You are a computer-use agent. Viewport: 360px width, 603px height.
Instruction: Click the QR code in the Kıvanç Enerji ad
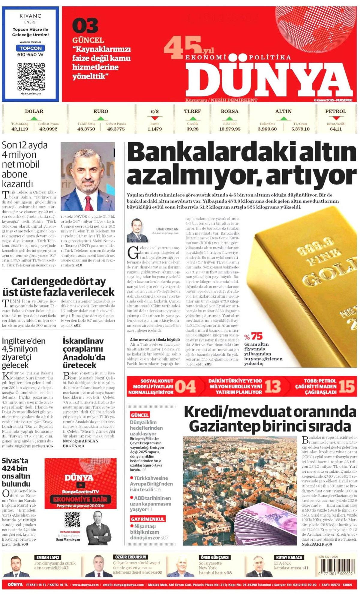tap(31, 76)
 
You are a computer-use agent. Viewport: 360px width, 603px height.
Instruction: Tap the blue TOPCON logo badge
tap(31, 48)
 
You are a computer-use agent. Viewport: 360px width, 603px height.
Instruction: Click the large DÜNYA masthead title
tap(268, 80)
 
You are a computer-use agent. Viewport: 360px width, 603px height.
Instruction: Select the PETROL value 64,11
tap(336, 129)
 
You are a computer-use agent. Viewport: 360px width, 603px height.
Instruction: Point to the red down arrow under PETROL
tap(336, 118)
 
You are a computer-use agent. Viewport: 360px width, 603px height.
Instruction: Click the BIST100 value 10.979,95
tap(230, 129)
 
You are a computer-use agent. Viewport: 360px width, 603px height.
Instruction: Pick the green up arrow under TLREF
tap(193, 118)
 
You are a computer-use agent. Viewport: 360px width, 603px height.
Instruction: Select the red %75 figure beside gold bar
tap(253, 336)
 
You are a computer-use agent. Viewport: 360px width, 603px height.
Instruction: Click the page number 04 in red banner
tap(185, 386)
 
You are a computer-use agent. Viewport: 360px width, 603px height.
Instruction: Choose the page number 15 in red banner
tap(347, 386)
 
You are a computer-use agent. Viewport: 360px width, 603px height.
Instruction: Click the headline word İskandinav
tap(83, 341)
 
